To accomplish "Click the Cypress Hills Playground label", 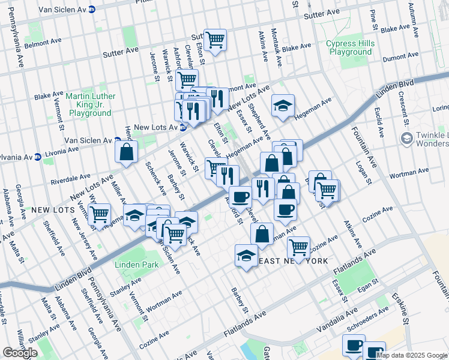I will tap(350, 48).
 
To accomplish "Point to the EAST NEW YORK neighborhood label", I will tap(293, 261).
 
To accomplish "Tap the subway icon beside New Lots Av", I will tap(182, 127).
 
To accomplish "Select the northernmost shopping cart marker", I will tap(215, 40).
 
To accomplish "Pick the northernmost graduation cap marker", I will tap(283, 106).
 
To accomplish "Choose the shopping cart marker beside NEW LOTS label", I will tap(100, 214).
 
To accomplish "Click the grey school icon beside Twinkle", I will tap(407, 139).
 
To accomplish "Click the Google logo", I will tap(20, 353).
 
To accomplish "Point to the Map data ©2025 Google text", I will tap(412, 355).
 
